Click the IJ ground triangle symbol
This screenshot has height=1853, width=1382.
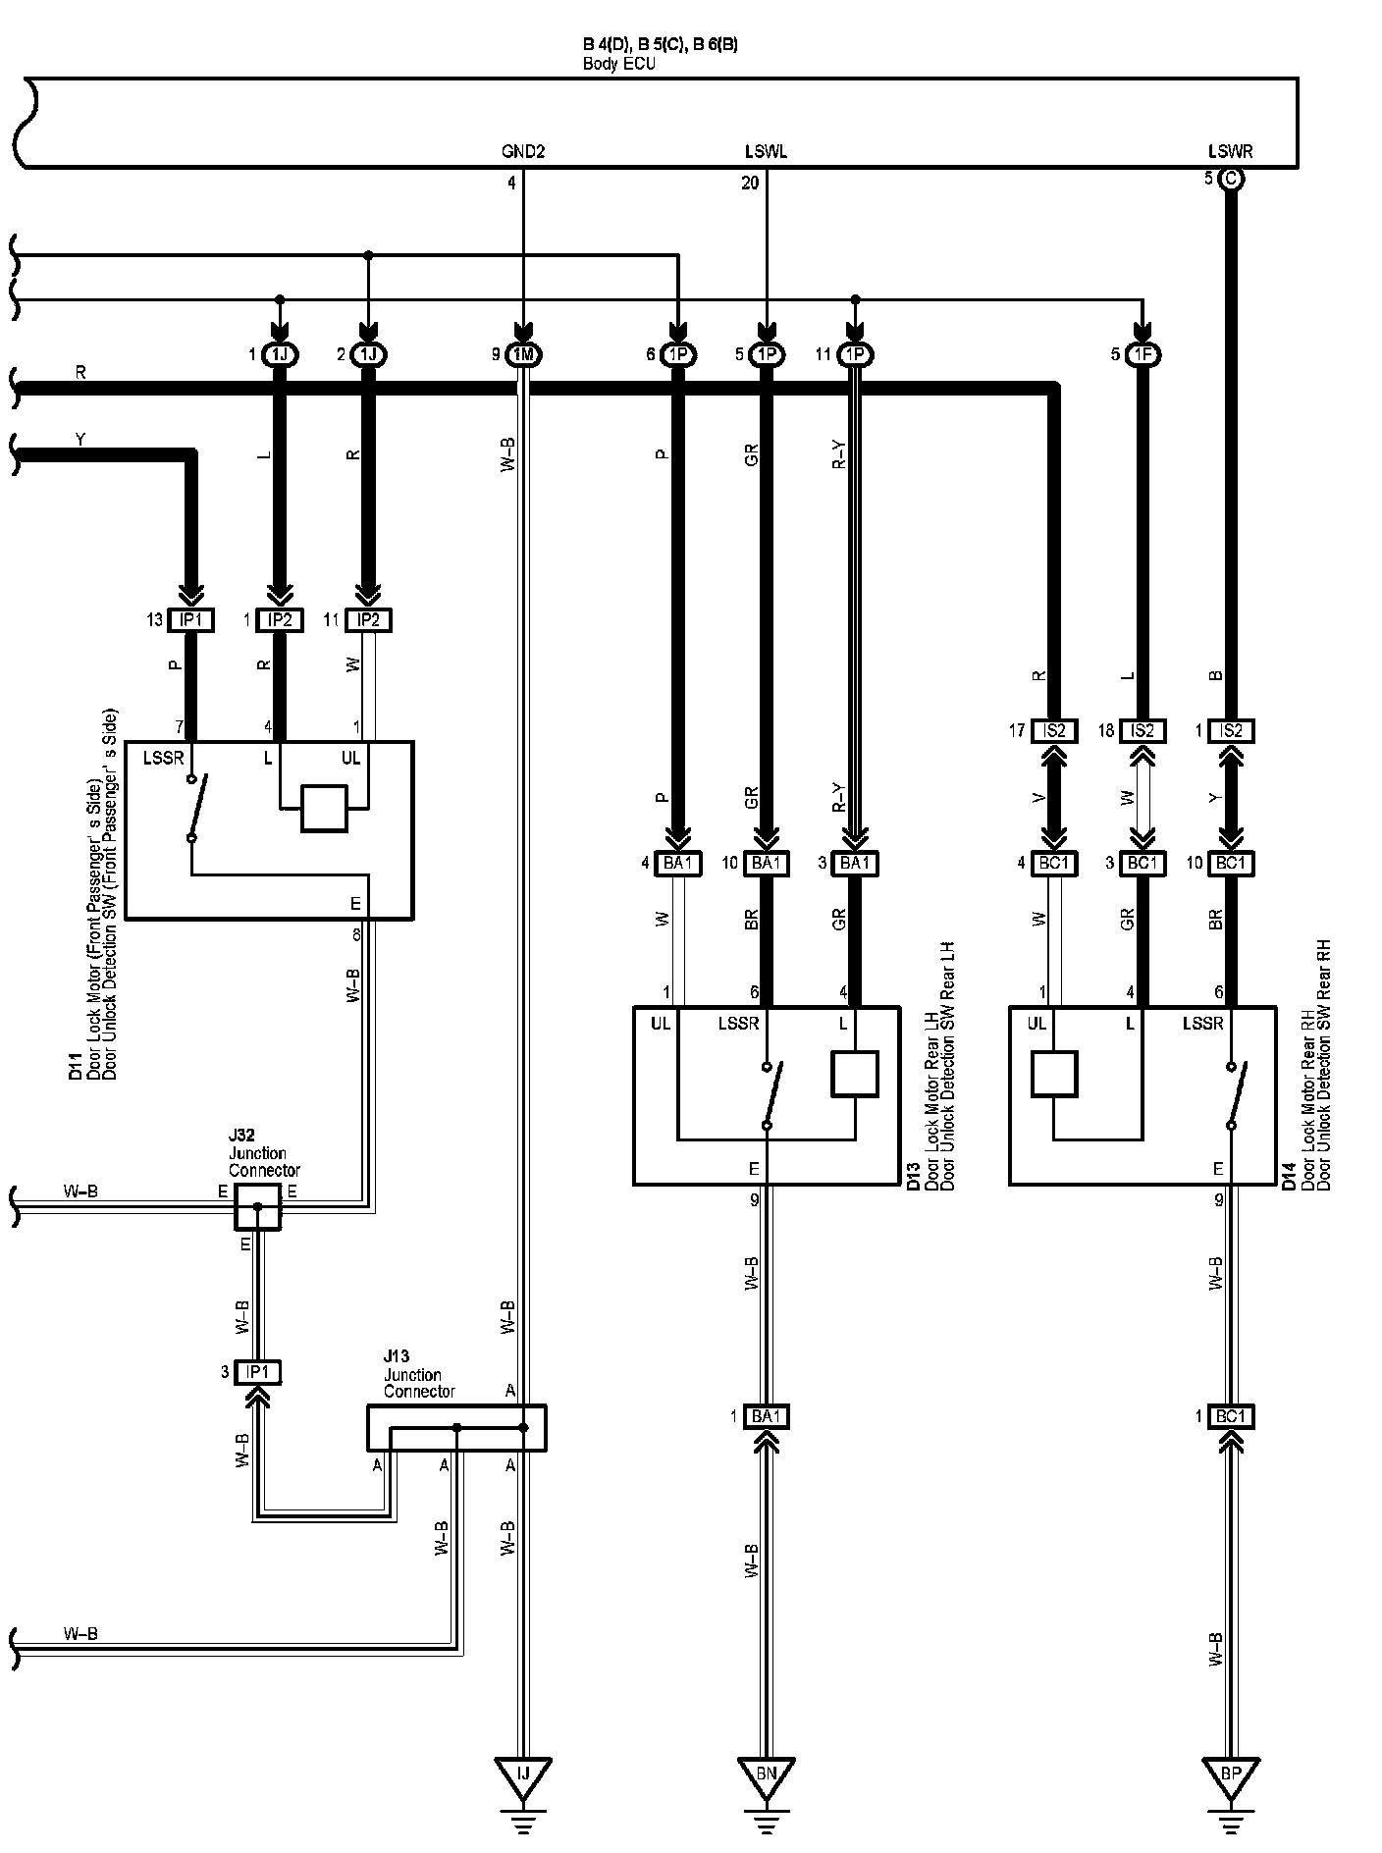click(523, 1774)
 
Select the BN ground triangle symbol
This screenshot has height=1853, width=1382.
click(767, 1774)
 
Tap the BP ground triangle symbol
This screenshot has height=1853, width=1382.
click(1230, 1774)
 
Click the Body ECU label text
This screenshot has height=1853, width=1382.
click(618, 64)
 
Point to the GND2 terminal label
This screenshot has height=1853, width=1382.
click(522, 151)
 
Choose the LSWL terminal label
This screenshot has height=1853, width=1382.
click(766, 151)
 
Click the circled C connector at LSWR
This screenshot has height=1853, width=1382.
click(1230, 179)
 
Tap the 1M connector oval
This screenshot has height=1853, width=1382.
click(523, 354)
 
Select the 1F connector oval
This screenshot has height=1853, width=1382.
click(1142, 354)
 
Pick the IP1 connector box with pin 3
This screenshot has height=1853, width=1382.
click(257, 1372)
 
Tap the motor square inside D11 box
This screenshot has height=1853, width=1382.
click(324, 808)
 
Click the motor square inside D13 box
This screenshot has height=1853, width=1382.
click(854, 1074)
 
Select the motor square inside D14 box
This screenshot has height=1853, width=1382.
click(1054, 1074)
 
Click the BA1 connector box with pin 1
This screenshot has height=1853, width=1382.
click(767, 1416)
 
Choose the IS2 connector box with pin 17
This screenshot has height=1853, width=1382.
click(1054, 730)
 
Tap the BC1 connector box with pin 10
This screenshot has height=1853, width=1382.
click(1230, 864)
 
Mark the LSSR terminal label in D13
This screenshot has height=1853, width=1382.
click(738, 1024)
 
